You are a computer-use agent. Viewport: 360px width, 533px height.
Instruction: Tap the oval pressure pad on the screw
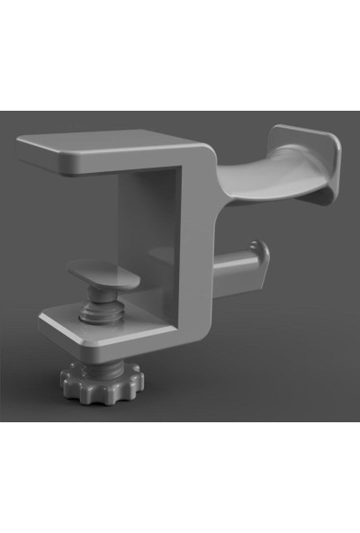click(x=103, y=275)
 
